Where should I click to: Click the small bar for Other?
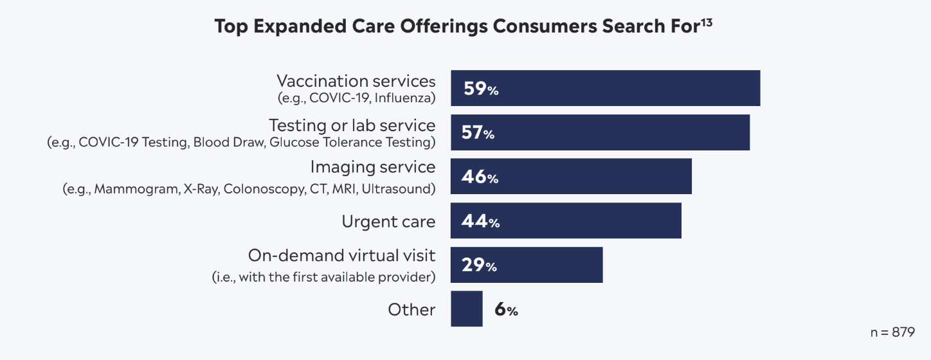466,309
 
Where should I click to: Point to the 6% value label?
506,310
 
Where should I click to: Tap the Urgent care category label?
388,222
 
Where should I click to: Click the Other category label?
411,310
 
